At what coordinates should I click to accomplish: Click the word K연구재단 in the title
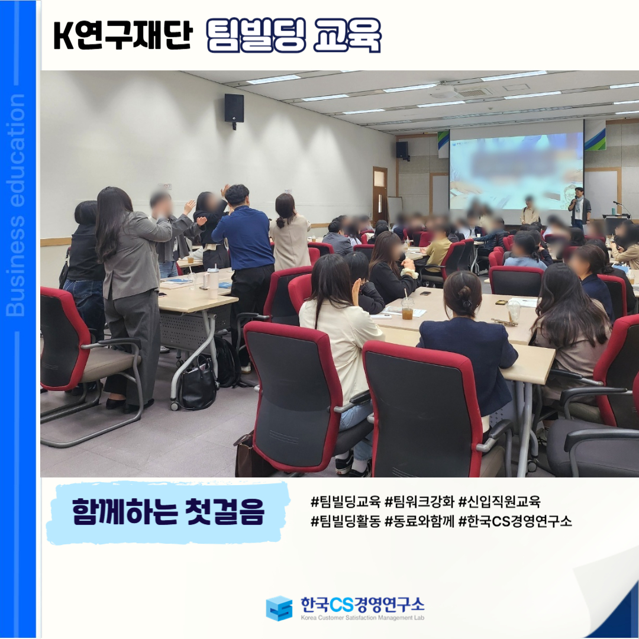point(122,36)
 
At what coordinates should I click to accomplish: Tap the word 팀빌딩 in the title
point(256,35)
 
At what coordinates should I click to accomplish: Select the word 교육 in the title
point(347,35)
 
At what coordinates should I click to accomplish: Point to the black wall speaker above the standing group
point(234,109)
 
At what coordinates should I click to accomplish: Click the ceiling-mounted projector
point(444,91)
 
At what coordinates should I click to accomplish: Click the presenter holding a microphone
point(579,208)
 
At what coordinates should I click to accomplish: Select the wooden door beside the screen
point(380,194)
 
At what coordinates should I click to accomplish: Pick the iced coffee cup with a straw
point(406,308)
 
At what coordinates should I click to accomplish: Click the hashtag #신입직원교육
point(499,502)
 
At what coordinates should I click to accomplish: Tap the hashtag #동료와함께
point(419,521)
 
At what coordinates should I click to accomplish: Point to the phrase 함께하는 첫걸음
point(168,511)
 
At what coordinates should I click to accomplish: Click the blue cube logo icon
point(279,608)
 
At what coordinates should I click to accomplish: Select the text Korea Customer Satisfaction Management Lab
point(362,618)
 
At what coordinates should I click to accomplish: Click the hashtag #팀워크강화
point(419,502)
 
